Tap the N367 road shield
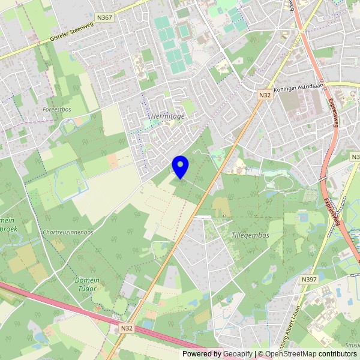click(x=104, y=17)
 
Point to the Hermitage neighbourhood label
click(x=167, y=116)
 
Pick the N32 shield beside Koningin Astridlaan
click(x=265, y=95)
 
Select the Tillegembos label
click(x=250, y=235)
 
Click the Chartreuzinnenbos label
click(x=68, y=232)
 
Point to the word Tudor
click(x=87, y=289)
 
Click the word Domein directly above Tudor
click(x=87, y=280)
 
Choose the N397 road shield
click(x=309, y=280)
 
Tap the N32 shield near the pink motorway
click(x=126, y=328)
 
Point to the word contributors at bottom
click(x=338, y=354)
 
